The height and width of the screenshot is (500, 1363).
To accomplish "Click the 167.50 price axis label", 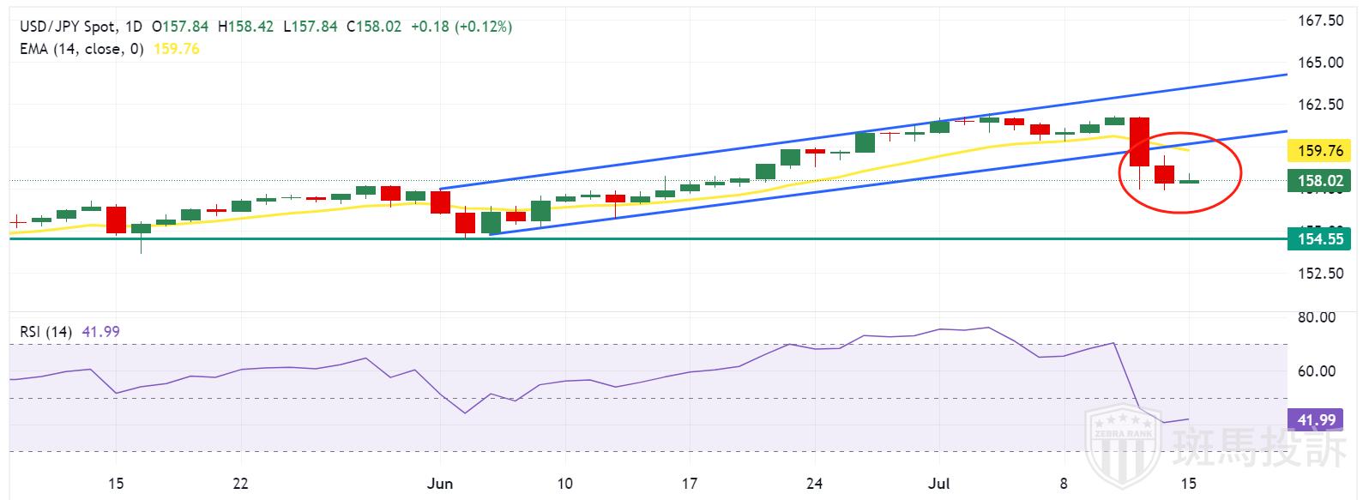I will (1318, 20).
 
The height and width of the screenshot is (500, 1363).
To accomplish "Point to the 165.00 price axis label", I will (1318, 62).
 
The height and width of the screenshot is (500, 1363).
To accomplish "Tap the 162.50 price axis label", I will (1318, 105).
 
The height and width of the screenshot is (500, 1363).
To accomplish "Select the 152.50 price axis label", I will (1318, 274).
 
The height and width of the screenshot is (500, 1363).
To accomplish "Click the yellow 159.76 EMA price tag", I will (1318, 151).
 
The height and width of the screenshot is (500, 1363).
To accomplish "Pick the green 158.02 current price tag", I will (1318, 181).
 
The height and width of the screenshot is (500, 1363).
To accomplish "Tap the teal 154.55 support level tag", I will (1318, 239).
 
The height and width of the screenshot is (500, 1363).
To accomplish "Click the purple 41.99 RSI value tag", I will (1317, 419).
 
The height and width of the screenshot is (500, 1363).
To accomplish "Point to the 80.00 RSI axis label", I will (1317, 317).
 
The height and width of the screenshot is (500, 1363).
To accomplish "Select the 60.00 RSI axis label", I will (1317, 371).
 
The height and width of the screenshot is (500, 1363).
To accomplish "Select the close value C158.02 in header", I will (373, 27).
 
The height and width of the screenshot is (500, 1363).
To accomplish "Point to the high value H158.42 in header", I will (246, 27).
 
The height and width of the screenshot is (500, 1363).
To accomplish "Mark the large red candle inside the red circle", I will (1139, 142).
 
